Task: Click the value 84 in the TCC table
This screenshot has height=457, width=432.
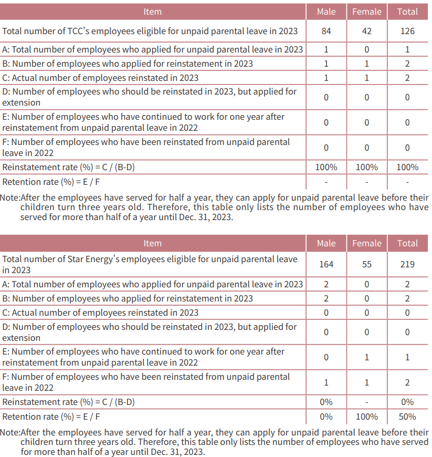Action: coord(326,31)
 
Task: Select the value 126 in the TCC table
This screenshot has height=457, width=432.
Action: coord(407,31)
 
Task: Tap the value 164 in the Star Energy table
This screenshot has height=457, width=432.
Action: coord(326,264)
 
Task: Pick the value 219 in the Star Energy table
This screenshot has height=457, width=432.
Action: coord(407,264)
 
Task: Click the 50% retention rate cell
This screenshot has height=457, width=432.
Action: coord(407,417)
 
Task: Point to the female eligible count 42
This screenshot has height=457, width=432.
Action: coord(366,31)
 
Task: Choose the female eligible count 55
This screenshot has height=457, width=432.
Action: coord(366,264)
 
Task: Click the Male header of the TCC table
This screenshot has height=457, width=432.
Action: coord(326,12)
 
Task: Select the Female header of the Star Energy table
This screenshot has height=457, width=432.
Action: coord(366,243)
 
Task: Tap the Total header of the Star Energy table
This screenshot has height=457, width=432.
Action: coord(407,243)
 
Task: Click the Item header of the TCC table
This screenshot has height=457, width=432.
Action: coord(152,12)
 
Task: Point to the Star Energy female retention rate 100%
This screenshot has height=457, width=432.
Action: coord(366,417)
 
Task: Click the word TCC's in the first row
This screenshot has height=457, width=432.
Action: coord(86,31)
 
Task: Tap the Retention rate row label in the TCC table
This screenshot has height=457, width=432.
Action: coord(51,182)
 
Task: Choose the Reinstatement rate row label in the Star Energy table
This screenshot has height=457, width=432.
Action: coord(68,402)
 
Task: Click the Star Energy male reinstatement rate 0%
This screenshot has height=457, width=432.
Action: coord(326,402)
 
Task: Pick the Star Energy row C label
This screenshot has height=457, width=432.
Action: coord(100,313)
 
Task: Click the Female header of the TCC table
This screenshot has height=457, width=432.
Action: coord(366,12)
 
